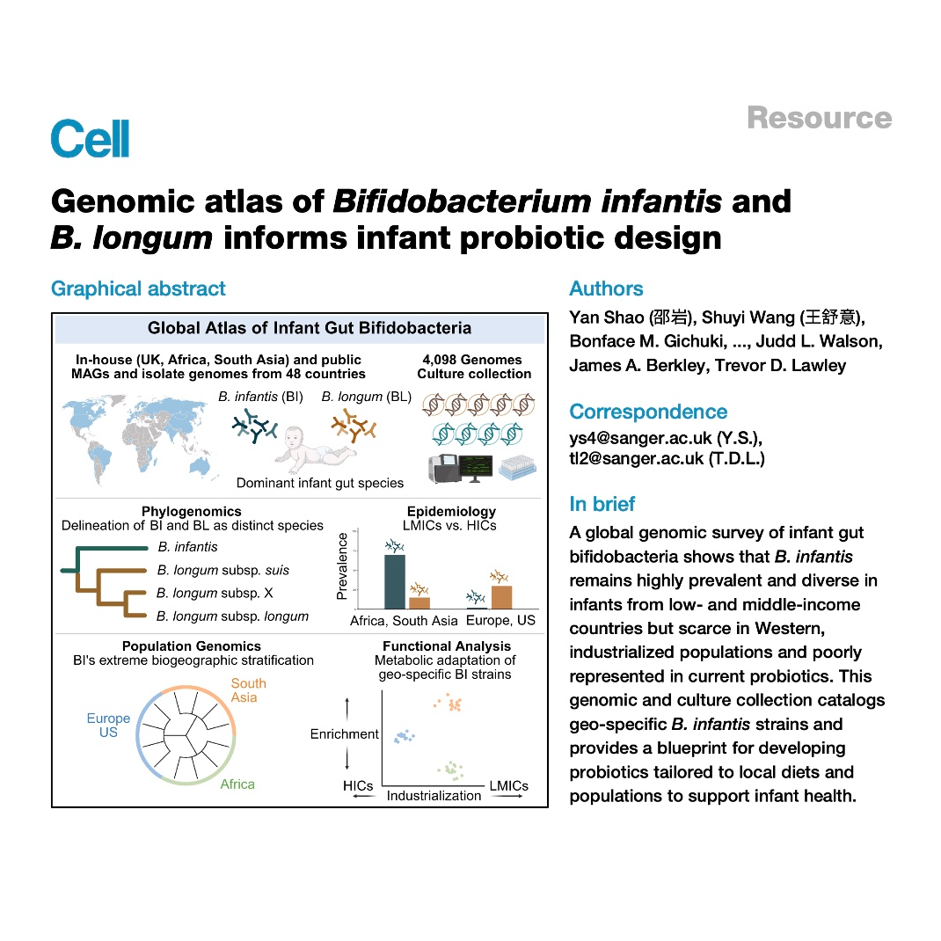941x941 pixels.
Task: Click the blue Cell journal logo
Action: tap(90, 139)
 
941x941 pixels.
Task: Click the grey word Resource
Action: tap(819, 118)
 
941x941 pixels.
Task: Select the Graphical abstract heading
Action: tap(138, 288)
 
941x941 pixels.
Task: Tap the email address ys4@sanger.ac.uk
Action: tap(640, 438)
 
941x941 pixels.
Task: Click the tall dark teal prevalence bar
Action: tap(394, 581)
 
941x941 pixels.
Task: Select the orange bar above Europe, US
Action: tap(501, 597)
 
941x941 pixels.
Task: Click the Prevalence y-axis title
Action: tap(342, 566)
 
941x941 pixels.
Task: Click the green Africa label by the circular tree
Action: tap(237, 784)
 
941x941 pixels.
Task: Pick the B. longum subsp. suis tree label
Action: tap(223, 570)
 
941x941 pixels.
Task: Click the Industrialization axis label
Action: tap(434, 796)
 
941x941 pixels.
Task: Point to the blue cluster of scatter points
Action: tap(404, 736)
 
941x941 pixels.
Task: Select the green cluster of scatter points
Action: tap(451, 770)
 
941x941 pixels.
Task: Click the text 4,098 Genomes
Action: tap(472, 360)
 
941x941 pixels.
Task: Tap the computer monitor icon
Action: tap(476, 469)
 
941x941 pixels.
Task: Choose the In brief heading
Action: tap(602, 504)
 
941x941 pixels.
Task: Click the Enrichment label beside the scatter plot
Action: tap(345, 734)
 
